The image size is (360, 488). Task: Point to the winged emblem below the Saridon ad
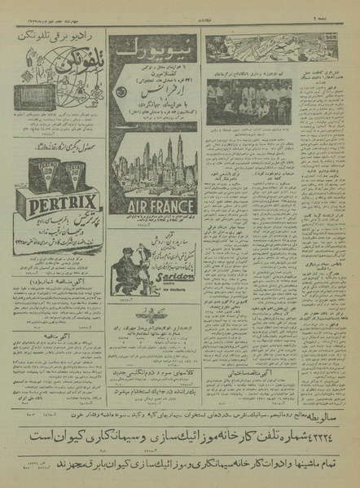(159, 314)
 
